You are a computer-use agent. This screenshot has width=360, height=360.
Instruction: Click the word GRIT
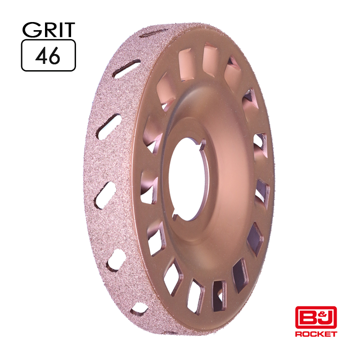tap(49, 30)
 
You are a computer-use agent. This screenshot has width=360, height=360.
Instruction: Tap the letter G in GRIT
tap(30, 30)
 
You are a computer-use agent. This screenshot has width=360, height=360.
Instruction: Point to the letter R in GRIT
tap(48, 30)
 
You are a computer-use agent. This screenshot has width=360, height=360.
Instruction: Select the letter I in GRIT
tap(59, 30)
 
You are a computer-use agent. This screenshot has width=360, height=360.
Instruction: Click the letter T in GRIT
tap(69, 30)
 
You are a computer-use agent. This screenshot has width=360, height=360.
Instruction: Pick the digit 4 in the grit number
tap(41, 56)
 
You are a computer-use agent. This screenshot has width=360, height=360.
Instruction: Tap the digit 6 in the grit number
tap(54, 56)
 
